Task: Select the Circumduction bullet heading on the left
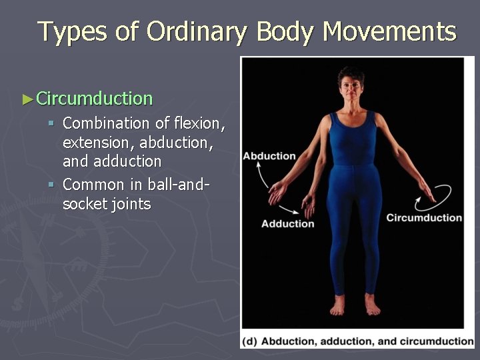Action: (x=94, y=99)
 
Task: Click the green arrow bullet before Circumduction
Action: (x=27, y=99)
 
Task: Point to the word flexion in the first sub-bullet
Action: (x=199, y=123)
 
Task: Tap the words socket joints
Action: (x=107, y=204)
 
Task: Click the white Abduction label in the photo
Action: (x=269, y=156)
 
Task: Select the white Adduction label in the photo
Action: (x=287, y=223)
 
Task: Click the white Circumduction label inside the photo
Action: (x=424, y=217)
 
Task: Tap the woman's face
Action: (x=351, y=85)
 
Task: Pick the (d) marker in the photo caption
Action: (x=251, y=341)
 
